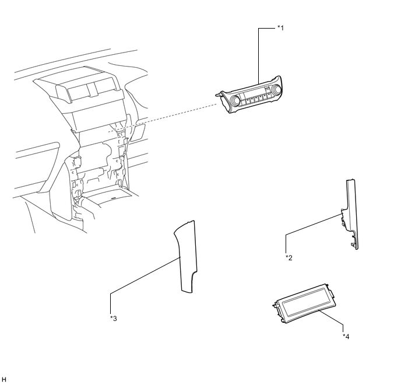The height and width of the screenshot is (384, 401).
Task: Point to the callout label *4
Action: pyautogui.click(x=346, y=336)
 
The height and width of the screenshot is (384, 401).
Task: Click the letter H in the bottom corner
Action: pyautogui.click(x=4, y=379)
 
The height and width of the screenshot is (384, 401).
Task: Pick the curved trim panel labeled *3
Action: pyautogui.click(x=186, y=257)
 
